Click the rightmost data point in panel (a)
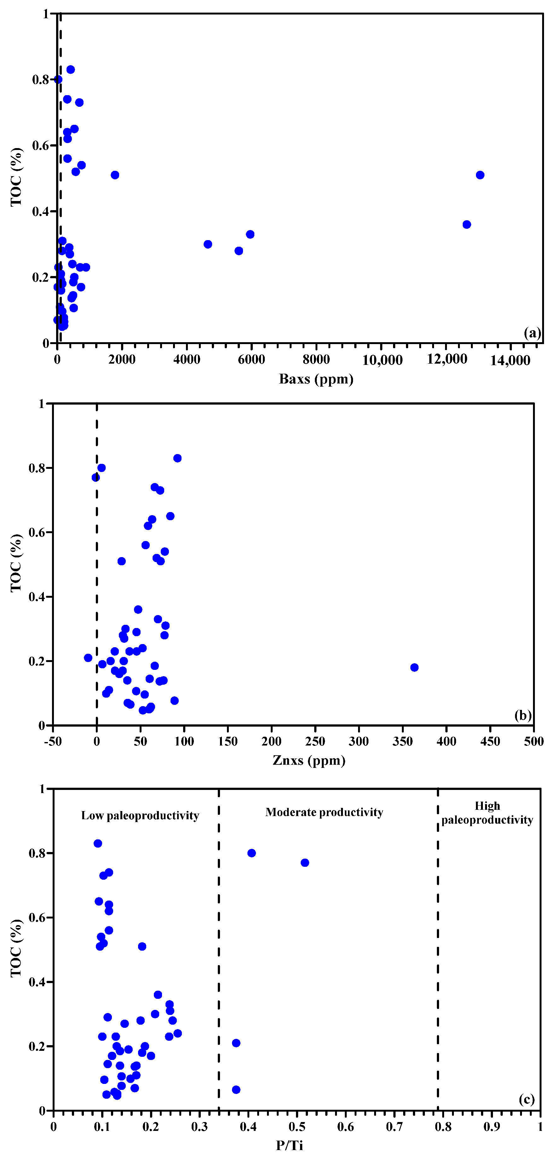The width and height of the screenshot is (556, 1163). pos(480,175)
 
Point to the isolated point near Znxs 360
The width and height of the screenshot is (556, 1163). pos(414,667)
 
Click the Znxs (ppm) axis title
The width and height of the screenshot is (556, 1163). pos(309,760)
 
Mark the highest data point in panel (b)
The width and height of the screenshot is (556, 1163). pos(177,458)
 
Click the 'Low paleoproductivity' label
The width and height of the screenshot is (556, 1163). pos(140,815)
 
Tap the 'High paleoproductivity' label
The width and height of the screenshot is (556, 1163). pos(487,813)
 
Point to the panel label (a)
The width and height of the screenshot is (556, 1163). pos(532,333)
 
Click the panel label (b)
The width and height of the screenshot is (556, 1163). pos(523,715)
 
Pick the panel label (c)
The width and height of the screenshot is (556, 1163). pos(526,1099)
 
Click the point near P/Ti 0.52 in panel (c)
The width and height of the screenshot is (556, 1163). pos(305,863)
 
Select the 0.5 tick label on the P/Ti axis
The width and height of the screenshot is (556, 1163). pos(297,1126)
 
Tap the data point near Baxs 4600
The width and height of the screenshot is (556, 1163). pos(208,244)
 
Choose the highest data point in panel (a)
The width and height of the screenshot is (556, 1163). pos(71,70)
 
